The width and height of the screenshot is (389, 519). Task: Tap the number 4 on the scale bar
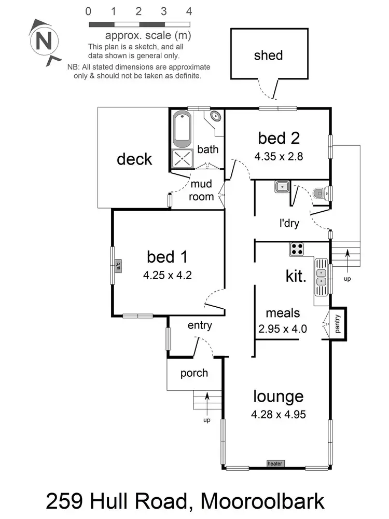coord(189,11)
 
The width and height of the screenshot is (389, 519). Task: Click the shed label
coord(268,56)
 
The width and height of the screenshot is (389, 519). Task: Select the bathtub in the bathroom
coord(182,129)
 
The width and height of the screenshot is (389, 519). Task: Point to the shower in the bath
coord(182,159)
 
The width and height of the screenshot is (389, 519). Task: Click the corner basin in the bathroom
coord(215,116)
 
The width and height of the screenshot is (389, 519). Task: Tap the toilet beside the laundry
coord(320,194)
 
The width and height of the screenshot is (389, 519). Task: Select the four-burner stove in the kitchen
coord(297,249)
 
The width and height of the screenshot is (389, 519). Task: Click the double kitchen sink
coord(321,275)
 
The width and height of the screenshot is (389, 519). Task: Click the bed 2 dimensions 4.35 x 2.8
coord(279,155)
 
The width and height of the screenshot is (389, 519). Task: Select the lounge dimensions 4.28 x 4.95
coord(278,415)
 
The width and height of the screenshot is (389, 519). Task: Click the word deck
coord(134,159)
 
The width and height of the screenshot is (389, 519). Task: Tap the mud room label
coord(202,190)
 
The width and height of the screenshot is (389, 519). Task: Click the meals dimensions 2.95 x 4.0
coord(283,328)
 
